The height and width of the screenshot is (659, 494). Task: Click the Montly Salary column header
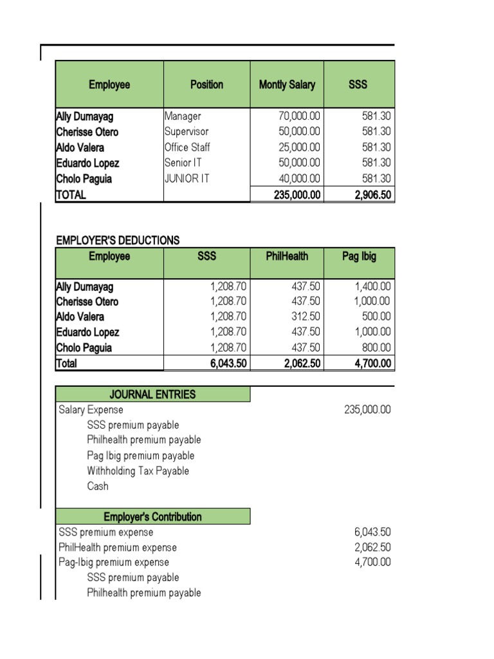[x=287, y=84]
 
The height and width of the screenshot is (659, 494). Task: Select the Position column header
[x=206, y=84]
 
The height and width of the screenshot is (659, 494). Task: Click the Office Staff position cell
[x=187, y=147]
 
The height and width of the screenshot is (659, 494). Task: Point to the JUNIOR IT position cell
[x=187, y=178]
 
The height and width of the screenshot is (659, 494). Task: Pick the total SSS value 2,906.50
[x=372, y=194]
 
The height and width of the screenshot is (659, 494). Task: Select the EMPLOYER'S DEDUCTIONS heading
[x=118, y=240]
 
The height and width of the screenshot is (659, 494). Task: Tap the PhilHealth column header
[x=287, y=256]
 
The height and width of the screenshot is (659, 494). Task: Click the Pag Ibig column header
[x=360, y=256]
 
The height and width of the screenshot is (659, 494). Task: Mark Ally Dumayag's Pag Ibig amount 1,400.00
[x=372, y=286]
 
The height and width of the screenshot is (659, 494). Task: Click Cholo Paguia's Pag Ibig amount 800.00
[x=376, y=348]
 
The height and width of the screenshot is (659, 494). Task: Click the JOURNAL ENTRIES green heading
[x=152, y=394]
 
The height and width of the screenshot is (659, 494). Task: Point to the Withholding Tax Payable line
[x=138, y=471]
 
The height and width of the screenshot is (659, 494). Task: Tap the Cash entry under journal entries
[x=98, y=487]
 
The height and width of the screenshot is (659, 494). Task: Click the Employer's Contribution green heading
[x=152, y=517]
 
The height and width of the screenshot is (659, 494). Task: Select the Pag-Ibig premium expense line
[x=114, y=562]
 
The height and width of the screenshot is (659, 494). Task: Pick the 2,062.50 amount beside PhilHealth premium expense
[x=372, y=547]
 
